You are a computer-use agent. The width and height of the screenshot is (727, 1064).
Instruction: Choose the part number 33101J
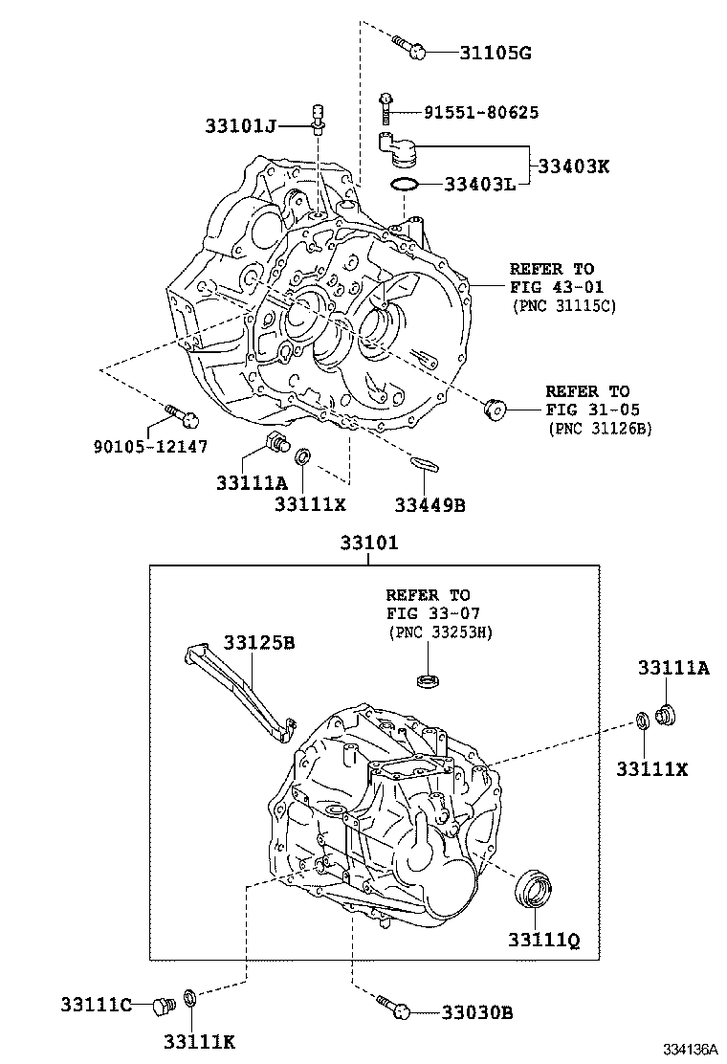click(240, 124)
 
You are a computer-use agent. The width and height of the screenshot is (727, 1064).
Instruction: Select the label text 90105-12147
click(150, 447)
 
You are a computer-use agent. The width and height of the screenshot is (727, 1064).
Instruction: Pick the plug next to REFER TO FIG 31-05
click(496, 410)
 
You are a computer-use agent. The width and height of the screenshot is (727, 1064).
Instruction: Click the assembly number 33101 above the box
click(368, 543)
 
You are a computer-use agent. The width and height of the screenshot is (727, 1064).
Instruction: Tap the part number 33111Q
click(543, 941)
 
